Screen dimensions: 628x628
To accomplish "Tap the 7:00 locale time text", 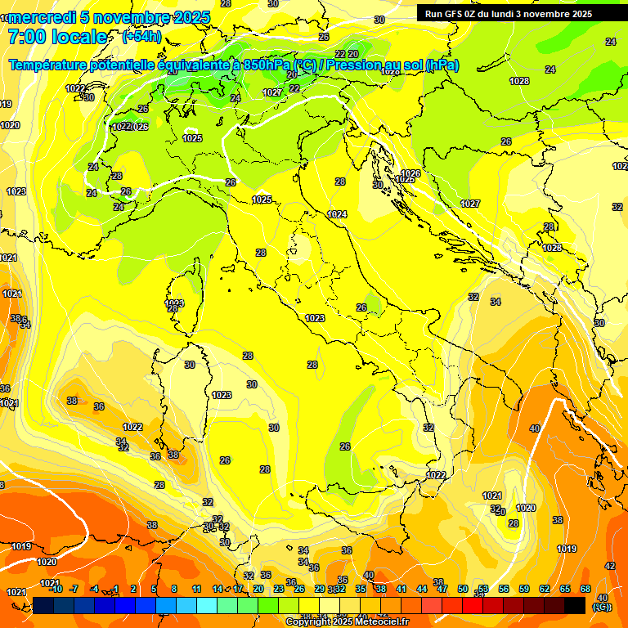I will click(57, 37).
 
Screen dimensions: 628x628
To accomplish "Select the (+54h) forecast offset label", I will click(141, 37).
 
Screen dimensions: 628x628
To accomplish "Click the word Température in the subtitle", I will click(48, 65).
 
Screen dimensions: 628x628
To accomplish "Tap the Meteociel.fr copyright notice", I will click(347, 622).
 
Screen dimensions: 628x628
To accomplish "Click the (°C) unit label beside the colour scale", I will click(601, 607).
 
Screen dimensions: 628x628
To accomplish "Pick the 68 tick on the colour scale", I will click(585, 589).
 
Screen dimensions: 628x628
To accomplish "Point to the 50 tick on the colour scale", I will click(463, 589).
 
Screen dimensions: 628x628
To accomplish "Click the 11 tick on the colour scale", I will click(196, 589).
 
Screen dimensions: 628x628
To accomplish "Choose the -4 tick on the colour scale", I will click(94, 589).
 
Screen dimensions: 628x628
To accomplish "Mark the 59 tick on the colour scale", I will click(524, 589).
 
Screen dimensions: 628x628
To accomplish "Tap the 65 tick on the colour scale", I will click(565, 589).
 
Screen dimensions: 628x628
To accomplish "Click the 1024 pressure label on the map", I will click(337, 214).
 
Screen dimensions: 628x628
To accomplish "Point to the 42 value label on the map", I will click(610, 566).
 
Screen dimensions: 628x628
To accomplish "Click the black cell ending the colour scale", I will click(575, 605).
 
